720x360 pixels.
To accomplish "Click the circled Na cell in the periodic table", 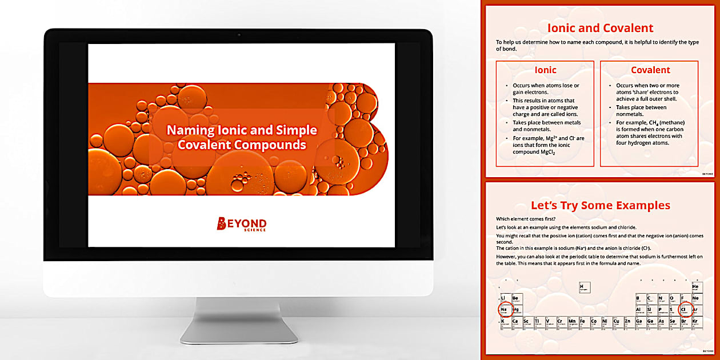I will (504, 310).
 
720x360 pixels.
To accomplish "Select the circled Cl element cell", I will (684, 310).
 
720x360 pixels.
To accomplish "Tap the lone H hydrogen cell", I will (583, 287).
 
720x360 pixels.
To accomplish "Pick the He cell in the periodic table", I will (695, 287).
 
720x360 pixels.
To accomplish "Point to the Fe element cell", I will (583, 322).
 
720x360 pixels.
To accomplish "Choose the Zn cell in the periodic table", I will (628, 322).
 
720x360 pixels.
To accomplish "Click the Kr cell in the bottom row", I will (695, 322).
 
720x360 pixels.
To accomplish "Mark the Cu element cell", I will (617, 322).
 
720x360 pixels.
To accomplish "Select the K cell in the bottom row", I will (504, 322).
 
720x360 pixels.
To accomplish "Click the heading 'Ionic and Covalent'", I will (600, 28).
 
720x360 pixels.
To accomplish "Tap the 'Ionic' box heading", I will (545, 70).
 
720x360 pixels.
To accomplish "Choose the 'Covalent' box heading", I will (650, 70).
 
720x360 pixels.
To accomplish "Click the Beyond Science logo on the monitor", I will (241, 224).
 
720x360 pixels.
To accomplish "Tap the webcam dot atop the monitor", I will (239, 35).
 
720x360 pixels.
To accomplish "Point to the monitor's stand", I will (239, 320).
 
